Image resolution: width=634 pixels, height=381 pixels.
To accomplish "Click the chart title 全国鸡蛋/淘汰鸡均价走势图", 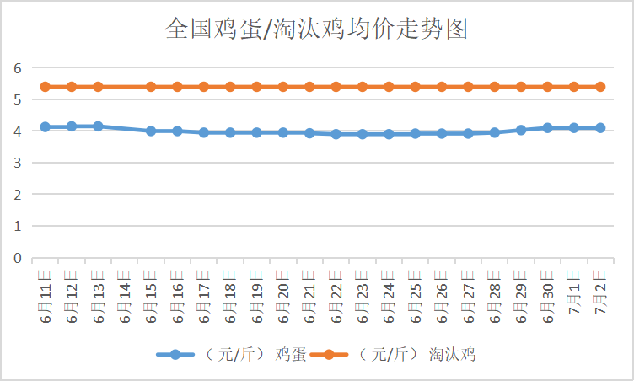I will (316, 30).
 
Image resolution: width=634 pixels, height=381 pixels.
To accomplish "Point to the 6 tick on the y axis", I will (16, 67).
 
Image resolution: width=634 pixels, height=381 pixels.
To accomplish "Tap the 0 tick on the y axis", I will (16, 258).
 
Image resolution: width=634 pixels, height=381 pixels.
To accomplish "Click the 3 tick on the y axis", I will (16, 163).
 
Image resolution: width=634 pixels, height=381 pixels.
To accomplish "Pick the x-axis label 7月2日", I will (600, 292).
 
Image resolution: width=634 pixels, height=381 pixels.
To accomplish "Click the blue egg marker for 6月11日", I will (46, 127).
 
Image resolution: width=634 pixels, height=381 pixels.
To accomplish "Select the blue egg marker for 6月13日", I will (98, 126).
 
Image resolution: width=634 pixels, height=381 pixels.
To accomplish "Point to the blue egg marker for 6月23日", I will (363, 134).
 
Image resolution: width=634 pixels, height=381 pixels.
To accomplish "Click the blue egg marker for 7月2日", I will (600, 128).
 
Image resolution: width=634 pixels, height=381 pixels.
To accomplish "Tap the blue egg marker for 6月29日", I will (521, 130).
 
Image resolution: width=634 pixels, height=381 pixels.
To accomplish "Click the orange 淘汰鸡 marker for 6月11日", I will (46, 87).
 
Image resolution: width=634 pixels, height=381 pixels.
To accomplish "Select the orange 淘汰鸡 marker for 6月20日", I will (283, 87).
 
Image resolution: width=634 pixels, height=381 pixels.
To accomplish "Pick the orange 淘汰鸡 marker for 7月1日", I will (574, 87).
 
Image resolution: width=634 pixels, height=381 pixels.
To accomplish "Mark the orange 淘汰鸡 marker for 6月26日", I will (442, 87).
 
